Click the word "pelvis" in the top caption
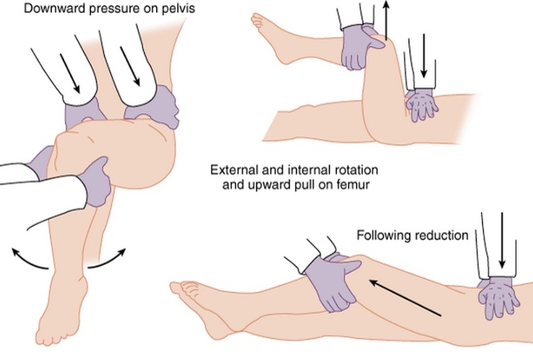click(154, 9)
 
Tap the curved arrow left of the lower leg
click(31, 262)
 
